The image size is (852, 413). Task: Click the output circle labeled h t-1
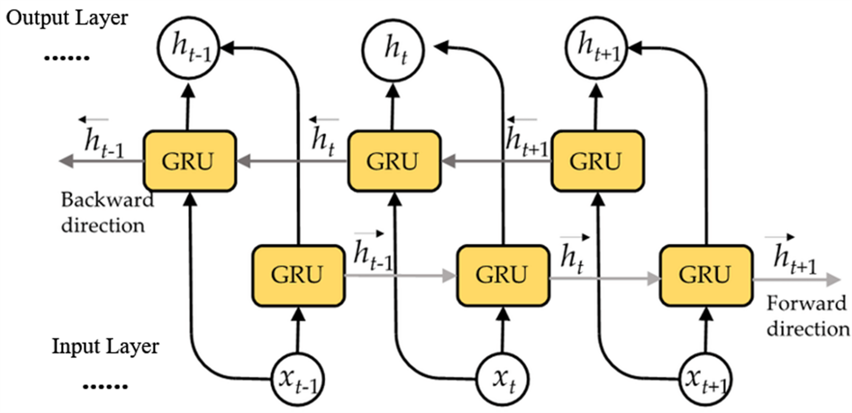[x=188, y=48]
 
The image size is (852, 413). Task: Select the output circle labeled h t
[x=393, y=49]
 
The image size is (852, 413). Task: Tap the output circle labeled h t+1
[x=597, y=48]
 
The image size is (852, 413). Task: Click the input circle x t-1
[x=297, y=379]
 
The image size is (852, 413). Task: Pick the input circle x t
[x=503, y=379]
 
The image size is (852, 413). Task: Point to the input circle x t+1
[x=706, y=379]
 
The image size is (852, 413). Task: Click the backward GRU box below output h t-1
[x=189, y=161]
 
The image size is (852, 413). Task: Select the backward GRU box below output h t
[x=394, y=161]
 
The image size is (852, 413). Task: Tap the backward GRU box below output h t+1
[x=597, y=161]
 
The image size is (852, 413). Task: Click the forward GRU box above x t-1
[x=298, y=275]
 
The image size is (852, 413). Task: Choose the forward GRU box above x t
[x=503, y=275]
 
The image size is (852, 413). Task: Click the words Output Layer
[x=67, y=18]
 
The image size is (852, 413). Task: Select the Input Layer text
[x=105, y=346]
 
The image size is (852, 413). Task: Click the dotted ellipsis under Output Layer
[x=67, y=58]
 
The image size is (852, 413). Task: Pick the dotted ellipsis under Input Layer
[x=105, y=386]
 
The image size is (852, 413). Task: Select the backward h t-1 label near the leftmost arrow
[x=103, y=140]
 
